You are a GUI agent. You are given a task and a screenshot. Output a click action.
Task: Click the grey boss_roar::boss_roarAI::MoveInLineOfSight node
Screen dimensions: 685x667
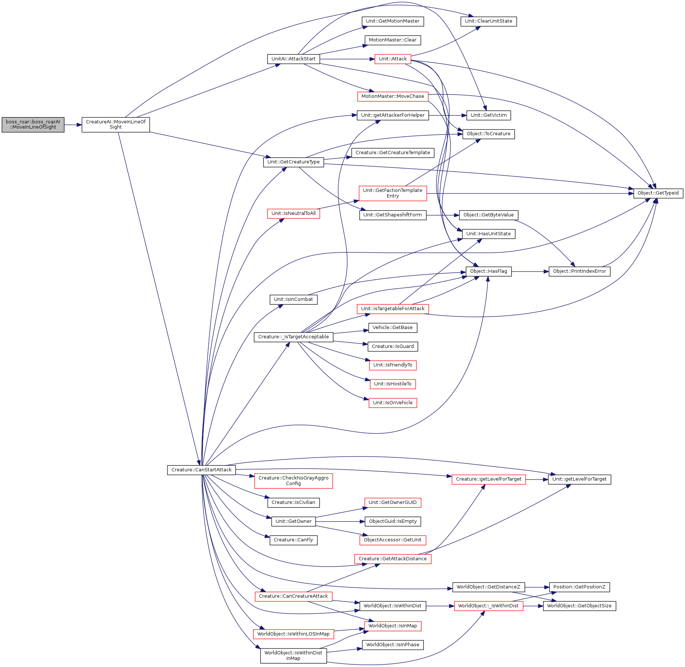[x=33, y=125]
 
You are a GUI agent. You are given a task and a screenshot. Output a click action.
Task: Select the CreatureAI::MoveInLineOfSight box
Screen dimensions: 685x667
[x=116, y=125]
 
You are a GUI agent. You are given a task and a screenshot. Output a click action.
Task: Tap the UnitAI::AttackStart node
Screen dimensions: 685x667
[x=293, y=59]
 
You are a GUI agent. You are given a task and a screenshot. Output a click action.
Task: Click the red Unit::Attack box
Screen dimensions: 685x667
[x=393, y=59]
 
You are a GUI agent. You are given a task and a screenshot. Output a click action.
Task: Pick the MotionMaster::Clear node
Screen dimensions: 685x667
[x=393, y=40]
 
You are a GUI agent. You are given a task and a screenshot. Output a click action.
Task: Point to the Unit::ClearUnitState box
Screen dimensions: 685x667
[x=489, y=21]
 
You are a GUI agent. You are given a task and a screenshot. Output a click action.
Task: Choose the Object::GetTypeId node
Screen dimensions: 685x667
[x=658, y=193]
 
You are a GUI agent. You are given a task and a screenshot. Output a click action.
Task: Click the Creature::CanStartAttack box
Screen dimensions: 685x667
[x=202, y=470]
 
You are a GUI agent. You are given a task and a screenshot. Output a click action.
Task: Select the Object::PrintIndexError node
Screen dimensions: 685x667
[x=579, y=271]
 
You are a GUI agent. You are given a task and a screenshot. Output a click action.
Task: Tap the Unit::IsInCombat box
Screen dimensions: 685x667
[x=293, y=299]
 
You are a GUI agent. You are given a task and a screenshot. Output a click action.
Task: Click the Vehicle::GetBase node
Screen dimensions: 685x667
[x=393, y=328]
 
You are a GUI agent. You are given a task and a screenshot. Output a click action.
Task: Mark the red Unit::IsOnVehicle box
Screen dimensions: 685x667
[x=393, y=403]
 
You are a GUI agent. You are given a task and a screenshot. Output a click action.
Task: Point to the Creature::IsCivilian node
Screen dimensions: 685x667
[x=293, y=502]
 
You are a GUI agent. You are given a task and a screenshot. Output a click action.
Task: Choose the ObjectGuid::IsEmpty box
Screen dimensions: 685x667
[x=393, y=521]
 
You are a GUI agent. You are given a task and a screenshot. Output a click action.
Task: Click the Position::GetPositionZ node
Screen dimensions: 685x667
[x=579, y=587]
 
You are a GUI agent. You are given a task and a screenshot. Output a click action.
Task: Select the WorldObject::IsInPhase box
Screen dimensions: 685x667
[x=393, y=645]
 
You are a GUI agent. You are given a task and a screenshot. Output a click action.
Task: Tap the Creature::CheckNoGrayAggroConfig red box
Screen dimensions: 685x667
[x=293, y=481]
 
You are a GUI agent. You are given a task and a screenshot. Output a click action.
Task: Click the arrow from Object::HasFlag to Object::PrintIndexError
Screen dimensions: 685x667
[x=530, y=272]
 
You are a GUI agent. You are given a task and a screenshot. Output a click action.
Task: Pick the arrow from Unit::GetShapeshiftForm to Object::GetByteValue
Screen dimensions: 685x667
[x=443, y=215]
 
